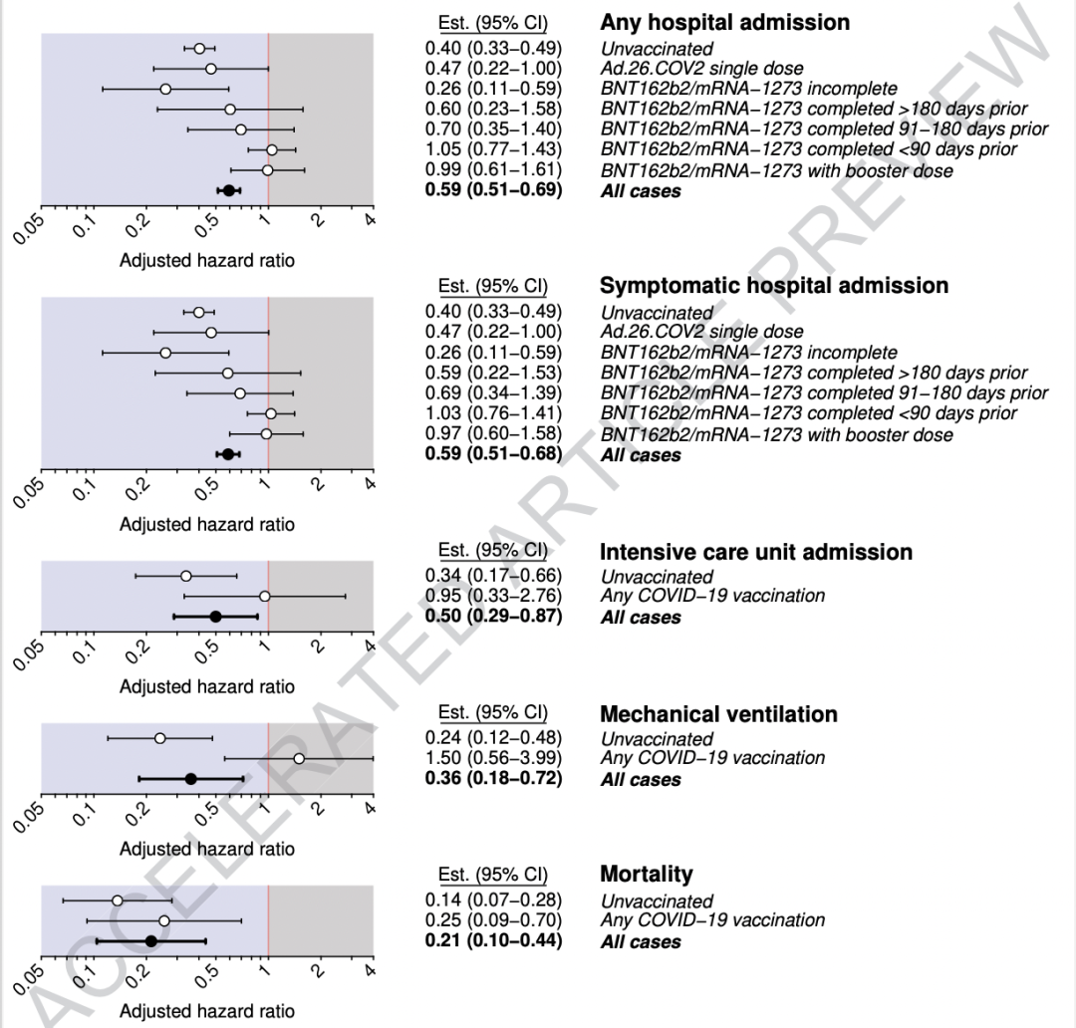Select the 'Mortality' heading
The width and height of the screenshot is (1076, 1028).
coord(646,875)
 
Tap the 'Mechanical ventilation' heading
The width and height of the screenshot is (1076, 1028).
coord(718,714)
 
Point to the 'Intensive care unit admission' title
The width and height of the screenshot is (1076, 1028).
coord(756,552)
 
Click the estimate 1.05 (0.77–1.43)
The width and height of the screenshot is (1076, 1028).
coord(493,149)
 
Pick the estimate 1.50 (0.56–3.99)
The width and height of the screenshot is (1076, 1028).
coord(493,758)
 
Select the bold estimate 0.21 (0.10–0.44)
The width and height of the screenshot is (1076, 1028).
coord(493,941)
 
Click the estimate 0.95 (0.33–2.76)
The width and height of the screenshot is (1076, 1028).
coord(493,596)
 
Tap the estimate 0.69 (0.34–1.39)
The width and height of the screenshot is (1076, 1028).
coord(493,392)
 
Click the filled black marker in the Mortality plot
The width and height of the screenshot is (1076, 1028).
coord(151,940)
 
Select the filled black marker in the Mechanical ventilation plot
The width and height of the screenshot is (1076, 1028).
coord(191,778)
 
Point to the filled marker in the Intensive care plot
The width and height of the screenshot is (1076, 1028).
coord(215,617)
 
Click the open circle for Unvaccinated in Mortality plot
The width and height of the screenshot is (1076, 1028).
coord(117,899)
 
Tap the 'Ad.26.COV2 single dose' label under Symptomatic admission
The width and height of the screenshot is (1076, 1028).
coord(701,332)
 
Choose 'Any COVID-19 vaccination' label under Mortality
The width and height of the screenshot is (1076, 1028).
coord(712,920)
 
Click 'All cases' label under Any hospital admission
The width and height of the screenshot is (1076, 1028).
coord(641,191)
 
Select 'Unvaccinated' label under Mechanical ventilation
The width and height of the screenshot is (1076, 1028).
coord(657,739)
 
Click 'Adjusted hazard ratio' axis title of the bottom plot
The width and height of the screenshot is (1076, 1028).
coord(207,1011)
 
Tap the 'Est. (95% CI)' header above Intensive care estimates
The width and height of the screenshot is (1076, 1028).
coord(493,550)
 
